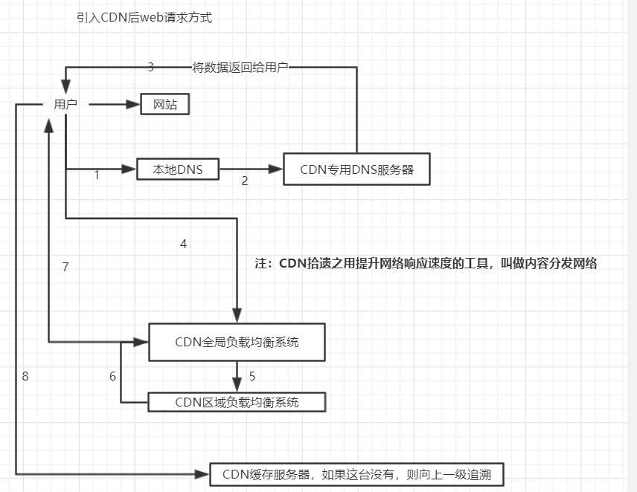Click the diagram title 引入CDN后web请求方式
[144, 18]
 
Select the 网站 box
[165, 105]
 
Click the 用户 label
[65, 105]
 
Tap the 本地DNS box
[179, 169]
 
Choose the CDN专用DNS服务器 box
[356, 169]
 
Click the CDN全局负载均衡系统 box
[237, 343]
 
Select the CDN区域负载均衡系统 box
[237, 402]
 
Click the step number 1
[97, 176]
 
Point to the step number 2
[245, 181]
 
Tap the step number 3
[150, 67]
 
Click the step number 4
[183, 244]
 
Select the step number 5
[252, 376]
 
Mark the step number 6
[112, 376]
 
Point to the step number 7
[65, 268]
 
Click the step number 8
[25, 376]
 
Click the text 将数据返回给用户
[240, 68]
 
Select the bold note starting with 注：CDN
[426, 263]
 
